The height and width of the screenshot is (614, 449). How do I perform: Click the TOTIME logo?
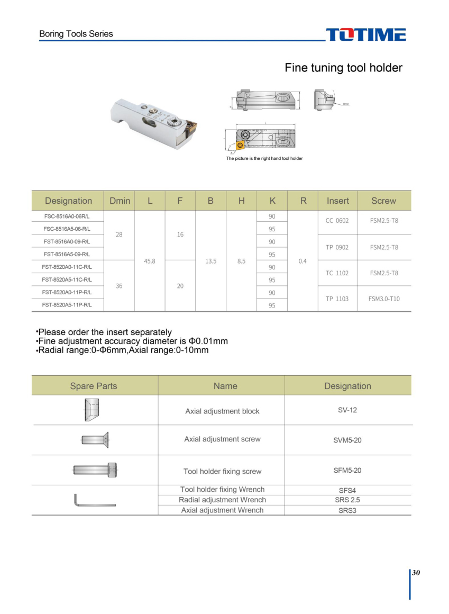point(366,34)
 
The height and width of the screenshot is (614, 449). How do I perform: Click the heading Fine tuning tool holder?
point(343,68)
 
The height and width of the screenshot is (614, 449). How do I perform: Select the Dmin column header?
point(120,201)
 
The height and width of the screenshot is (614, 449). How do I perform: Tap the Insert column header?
point(337,201)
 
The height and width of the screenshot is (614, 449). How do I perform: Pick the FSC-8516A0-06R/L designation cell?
point(67,216)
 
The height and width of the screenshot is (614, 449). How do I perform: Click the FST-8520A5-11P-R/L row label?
point(67,305)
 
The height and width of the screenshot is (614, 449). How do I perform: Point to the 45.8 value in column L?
point(150,261)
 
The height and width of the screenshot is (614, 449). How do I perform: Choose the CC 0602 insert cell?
point(337,221)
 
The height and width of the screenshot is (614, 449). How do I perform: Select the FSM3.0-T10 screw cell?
point(384,299)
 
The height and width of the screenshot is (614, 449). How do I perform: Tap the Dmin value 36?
point(119,286)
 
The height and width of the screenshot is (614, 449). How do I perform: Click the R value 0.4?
point(303,261)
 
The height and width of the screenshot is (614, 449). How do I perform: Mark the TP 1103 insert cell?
point(337,299)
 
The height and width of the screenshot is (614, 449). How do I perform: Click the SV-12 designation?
point(347,410)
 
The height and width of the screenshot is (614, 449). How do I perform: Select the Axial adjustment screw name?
point(222,439)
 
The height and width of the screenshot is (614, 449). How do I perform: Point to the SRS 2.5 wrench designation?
point(347,500)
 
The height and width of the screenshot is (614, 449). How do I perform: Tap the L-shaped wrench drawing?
point(94,500)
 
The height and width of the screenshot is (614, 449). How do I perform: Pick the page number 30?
point(416,573)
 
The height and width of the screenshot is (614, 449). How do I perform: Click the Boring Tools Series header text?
point(76,34)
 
